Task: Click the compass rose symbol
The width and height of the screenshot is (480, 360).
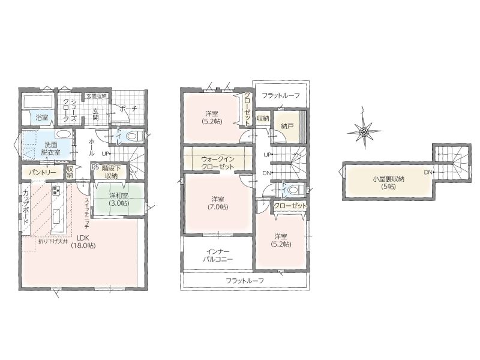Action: [364, 132]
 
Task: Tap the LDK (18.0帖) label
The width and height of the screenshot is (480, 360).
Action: [83, 241]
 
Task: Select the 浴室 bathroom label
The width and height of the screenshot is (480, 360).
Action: [42, 117]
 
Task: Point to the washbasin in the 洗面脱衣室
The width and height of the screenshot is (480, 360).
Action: [64, 134]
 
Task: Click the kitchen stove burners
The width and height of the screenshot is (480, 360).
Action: [56, 190]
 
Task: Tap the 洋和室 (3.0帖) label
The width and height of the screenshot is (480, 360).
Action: [119, 199]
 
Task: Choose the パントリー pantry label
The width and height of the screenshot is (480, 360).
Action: [43, 173]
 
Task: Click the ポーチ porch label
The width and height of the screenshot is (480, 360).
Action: [128, 109]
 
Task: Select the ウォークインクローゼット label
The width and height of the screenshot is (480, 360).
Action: [218, 163]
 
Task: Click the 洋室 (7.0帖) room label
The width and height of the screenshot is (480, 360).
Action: [217, 203]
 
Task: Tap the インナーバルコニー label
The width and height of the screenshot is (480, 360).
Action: [218, 256]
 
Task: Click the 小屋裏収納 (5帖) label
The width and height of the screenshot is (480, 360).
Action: [388, 182]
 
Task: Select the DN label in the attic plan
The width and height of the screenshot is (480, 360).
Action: [428, 173]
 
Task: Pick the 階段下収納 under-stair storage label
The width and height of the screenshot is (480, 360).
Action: [110, 172]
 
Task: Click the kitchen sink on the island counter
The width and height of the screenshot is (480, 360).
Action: [56, 217]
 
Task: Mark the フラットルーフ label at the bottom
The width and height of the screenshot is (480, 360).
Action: [245, 280]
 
